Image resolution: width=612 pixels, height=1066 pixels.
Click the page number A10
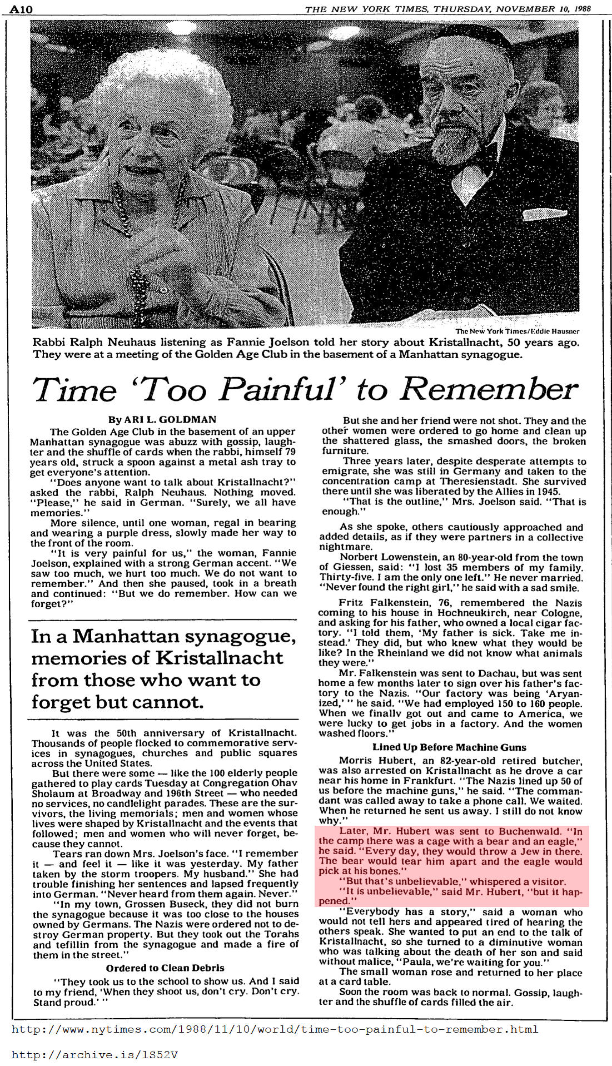click(x=21, y=9)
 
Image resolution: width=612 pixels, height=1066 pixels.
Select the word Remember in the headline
click(x=489, y=389)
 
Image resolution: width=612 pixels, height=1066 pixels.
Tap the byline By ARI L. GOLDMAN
click(x=162, y=420)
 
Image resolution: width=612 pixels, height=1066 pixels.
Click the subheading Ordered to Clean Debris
click(x=165, y=968)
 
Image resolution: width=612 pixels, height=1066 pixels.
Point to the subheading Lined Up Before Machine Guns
click(x=449, y=747)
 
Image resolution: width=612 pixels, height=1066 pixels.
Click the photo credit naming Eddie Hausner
click(x=517, y=331)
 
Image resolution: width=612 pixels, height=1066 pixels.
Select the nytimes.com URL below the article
click(x=275, y=1029)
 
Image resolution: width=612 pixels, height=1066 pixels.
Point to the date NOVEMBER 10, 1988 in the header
click(x=544, y=9)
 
